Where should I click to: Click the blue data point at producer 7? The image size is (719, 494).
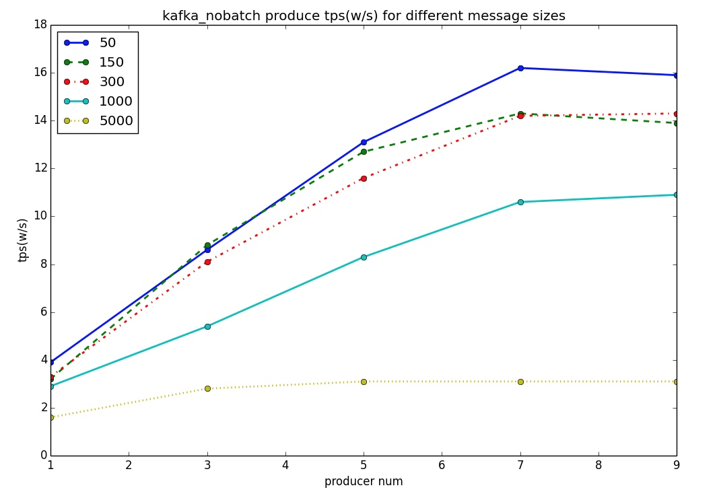coord(520,68)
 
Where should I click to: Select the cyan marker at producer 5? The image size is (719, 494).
coord(364,257)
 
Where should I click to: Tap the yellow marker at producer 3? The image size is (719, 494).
coord(207,388)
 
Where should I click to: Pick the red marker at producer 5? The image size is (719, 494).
coord(364,178)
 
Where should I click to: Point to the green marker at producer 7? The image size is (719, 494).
coord(520,114)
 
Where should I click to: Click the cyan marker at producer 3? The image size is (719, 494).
coord(207,326)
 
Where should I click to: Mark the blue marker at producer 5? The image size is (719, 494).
coord(364,142)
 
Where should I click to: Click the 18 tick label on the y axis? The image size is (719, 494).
coord(40,25)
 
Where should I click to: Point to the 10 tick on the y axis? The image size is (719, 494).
coord(40,216)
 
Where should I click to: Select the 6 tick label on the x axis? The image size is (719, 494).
coord(442,465)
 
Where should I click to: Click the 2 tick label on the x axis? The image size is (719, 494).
coord(129,465)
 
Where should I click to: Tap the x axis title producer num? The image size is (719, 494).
coord(364,481)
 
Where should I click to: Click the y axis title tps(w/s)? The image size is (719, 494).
coord(23,240)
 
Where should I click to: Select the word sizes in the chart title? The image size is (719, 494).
coord(548,15)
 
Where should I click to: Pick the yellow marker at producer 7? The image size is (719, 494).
coord(520,382)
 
